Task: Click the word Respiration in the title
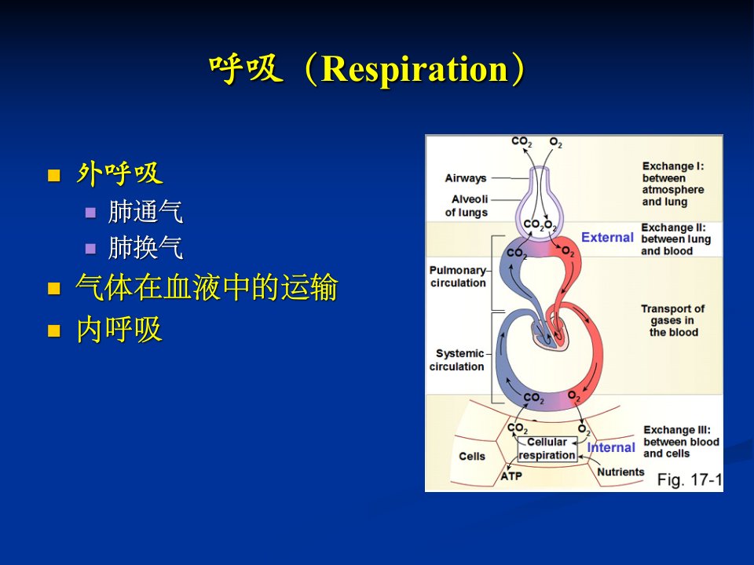(415, 69)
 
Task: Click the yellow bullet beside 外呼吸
(54, 175)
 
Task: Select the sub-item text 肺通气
(146, 211)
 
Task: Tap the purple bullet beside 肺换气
(90, 249)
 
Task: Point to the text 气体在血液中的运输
(207, 287)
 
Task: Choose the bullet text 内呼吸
(119, 330)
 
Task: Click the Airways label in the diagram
(466, 178)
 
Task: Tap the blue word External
(607, 237)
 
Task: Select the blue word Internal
(611, 447)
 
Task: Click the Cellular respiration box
(547, 449)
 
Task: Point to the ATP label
(511, 476)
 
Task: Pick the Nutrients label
(620, 472)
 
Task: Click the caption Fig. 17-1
(690, 479)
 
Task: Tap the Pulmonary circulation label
(458, 277)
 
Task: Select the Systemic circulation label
(457, 360)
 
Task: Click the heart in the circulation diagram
(551, 334)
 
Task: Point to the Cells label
(472, 456)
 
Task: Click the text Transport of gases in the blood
(673, 320)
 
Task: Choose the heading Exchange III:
(676, 430)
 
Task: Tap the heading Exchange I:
(673, 166)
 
